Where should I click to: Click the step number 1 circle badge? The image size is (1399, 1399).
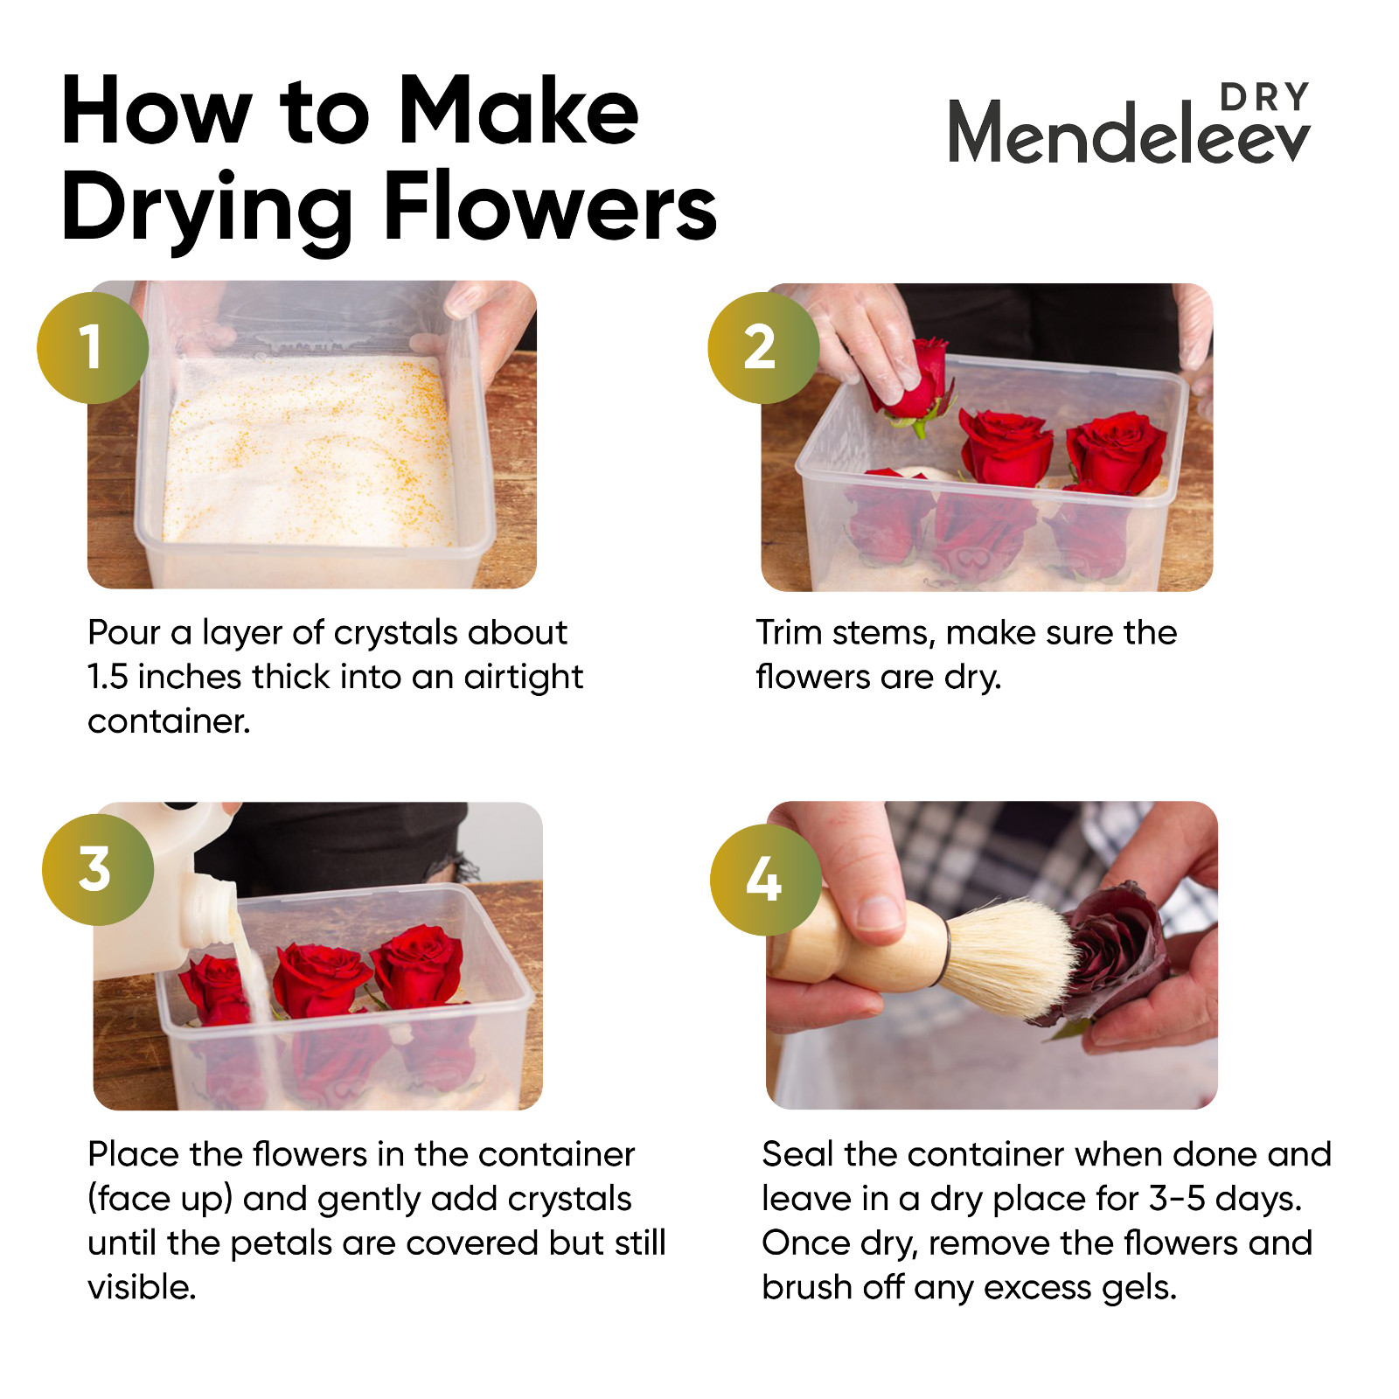[x=93, y=348]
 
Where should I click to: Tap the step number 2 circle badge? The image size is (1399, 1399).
[x=763, y=348]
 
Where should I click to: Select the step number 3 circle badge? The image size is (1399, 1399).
[x=98, y=870]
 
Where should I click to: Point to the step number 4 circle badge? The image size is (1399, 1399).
[x=766, y=880]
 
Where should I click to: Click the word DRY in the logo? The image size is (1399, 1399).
[x=1265, y=97]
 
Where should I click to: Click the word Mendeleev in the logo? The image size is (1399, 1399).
[x=1129, y=133]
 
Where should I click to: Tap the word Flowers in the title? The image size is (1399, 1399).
[x=551, y=208]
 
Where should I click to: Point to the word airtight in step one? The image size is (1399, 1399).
[x=524, y=678]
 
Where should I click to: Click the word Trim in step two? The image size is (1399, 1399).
[x=789, y=632]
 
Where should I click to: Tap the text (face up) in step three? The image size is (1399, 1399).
[x=160, y=1199]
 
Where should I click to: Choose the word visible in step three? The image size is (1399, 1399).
[x=142, y=1287]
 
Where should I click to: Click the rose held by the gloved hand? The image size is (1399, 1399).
[x=914, y=381]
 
